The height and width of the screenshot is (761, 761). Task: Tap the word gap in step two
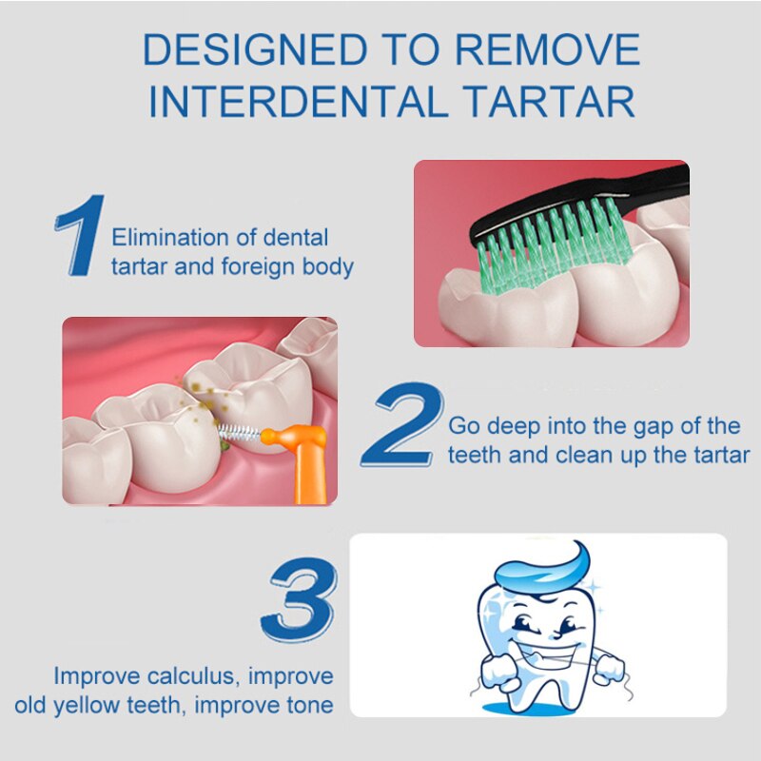pyautogui.click(x=631, y=425)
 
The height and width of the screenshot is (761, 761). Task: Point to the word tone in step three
pyautogui.click(x=307, y=706)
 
